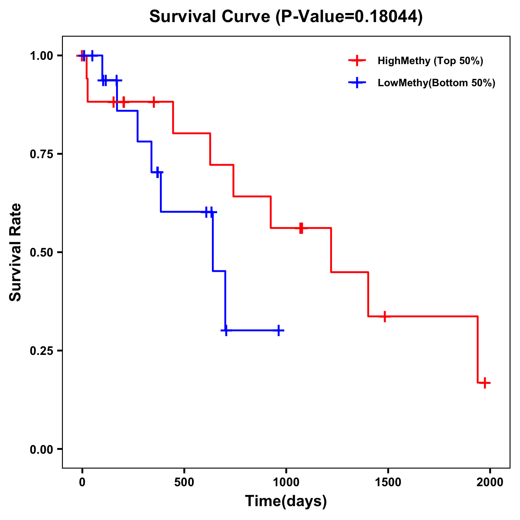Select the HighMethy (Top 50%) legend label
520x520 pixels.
[x=430, y=61]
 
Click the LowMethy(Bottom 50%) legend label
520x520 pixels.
[x=436, y=83]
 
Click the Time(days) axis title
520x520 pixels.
[x=286, y=501]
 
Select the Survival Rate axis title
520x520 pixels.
[x=16, y=252]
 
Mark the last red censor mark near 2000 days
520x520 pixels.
[x=485, y=383]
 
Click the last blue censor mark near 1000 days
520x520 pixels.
[x=279, y=330]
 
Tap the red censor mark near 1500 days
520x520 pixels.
[x=384, y=316]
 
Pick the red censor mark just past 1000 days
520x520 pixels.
[x=301, y=228]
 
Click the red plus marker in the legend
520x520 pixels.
[x=357, y=61]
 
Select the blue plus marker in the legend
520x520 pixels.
[x=357, y=83]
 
